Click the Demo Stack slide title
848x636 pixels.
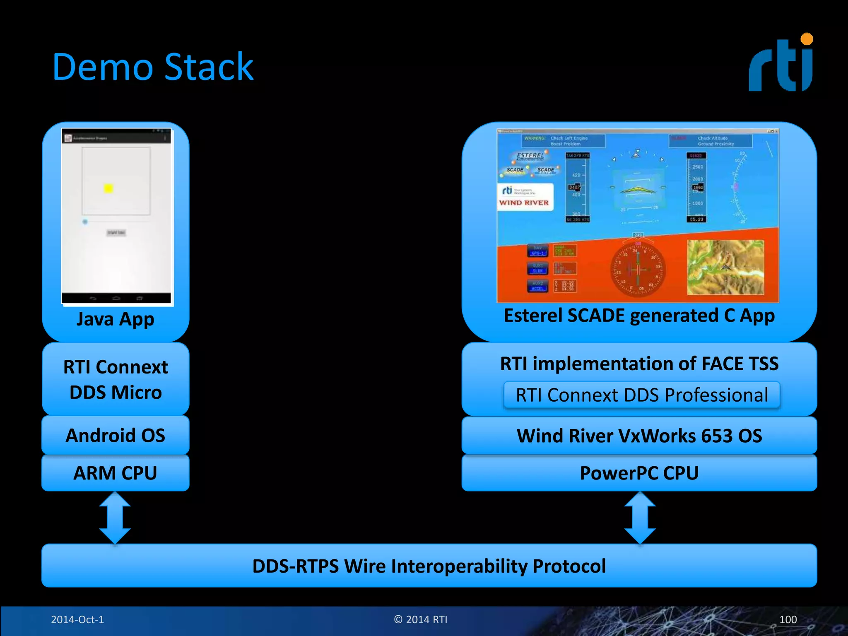152,67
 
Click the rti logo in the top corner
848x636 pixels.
781,63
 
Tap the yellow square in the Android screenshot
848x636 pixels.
108,188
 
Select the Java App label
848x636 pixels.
116,319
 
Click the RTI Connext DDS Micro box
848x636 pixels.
116,379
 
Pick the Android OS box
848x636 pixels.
116,436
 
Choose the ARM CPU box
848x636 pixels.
116,473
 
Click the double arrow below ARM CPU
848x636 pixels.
115,518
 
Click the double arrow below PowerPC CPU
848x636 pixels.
640,518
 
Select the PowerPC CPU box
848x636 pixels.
639,473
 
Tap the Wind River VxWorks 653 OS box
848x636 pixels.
639,436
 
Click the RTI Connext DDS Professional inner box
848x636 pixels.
641,395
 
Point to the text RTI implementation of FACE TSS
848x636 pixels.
639,364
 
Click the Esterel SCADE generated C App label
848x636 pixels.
639,316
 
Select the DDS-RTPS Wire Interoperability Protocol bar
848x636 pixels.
429,566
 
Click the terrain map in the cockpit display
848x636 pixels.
725,267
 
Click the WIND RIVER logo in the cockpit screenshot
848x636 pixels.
524,202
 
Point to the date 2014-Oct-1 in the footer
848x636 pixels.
77,619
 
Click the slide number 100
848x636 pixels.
788,619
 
